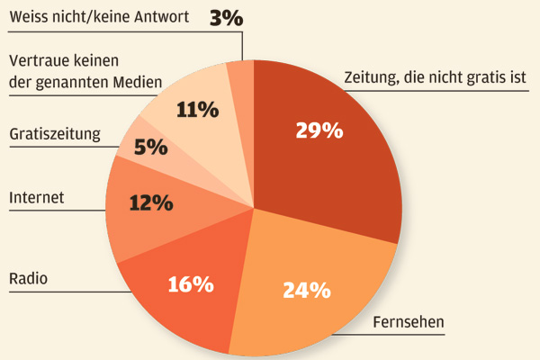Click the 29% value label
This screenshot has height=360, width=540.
click(x=319, y=130)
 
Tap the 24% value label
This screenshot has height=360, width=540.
click(x=306, y=290)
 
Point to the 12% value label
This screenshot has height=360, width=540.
click(x=150, y=203)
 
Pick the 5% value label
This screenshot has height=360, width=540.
click(x=151, y=147)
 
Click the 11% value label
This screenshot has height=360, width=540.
click(x=198, y=110)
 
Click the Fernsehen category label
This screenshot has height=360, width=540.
click(x=409, y=322)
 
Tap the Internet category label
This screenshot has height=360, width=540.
click(x=36, y=196)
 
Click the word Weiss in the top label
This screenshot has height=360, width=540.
click(x=29, y=17)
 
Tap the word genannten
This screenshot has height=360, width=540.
click(x=73, y=83)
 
